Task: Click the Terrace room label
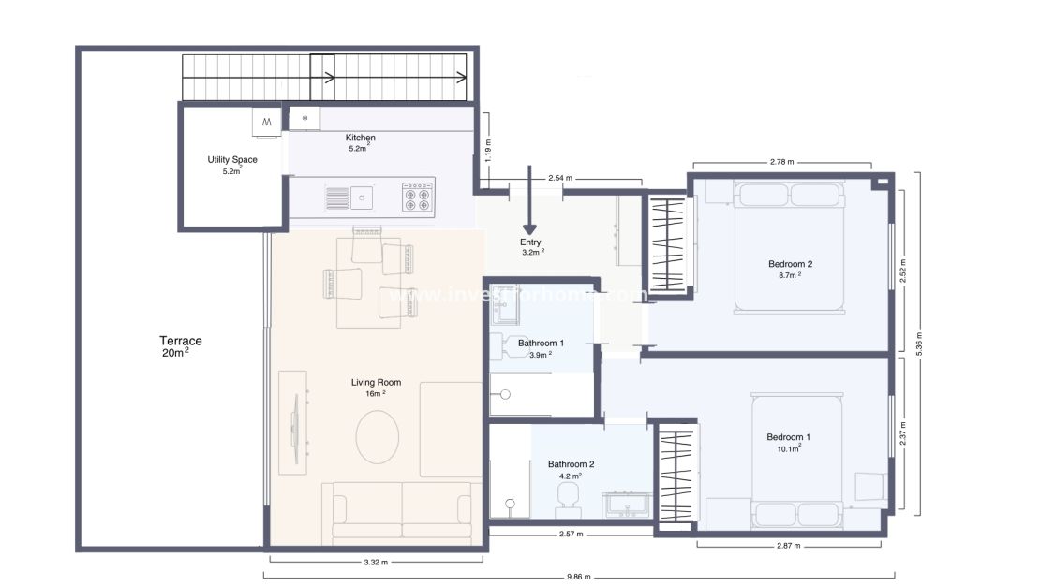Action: click(180, 346)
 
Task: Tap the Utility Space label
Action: click(232, 165)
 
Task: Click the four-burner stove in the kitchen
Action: click(417, 197)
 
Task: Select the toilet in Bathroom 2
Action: click(566, 499)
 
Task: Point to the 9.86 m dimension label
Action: click(580, 577)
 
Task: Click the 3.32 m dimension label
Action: click(375, 562)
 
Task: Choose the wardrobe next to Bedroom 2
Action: click(669, 244)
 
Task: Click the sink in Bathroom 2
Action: click(621, 505)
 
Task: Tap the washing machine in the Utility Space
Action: click(266, 121)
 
